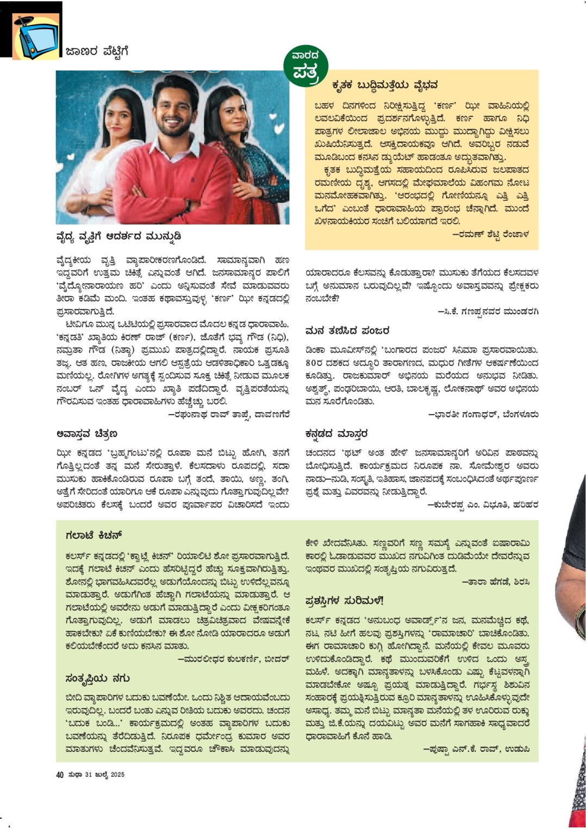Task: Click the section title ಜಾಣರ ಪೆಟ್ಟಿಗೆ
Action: [x=97, y=52]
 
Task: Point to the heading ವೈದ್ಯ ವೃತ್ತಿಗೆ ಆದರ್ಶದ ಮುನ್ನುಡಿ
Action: [x=119, y=236]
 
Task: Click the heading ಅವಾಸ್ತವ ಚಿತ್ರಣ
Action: [x=86, y=434]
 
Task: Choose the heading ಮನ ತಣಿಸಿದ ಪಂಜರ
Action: [x=347, y=331]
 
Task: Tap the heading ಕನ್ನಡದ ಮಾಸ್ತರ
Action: [x=336, y=434]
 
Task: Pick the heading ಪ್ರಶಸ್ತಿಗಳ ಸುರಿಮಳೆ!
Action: [x=344, y=601]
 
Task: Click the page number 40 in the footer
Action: [x=60, y=775]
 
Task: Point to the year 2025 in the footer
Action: [x=117, y=775]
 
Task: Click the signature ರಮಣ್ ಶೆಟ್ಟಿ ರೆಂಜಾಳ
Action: [x=491, y=234]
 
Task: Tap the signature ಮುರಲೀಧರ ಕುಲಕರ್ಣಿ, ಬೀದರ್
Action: [x=233, y=659]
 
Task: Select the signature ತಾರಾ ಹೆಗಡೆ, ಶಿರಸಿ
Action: [x=496, y=582]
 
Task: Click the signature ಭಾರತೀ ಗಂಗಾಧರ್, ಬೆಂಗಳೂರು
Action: [x=483, y=414]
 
